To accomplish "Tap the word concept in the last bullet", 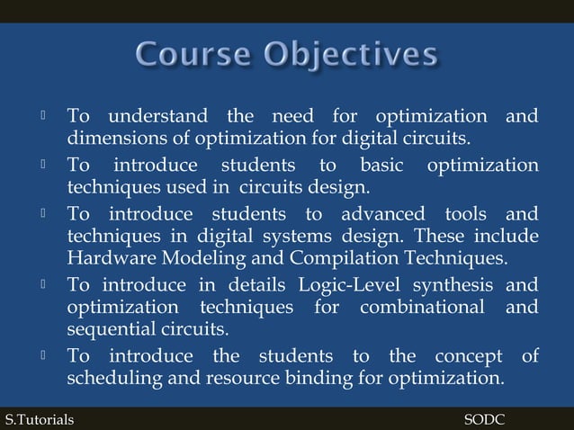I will pos(471,356).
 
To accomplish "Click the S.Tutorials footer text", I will pos(40,419).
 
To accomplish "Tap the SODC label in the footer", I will pos(484,419).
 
